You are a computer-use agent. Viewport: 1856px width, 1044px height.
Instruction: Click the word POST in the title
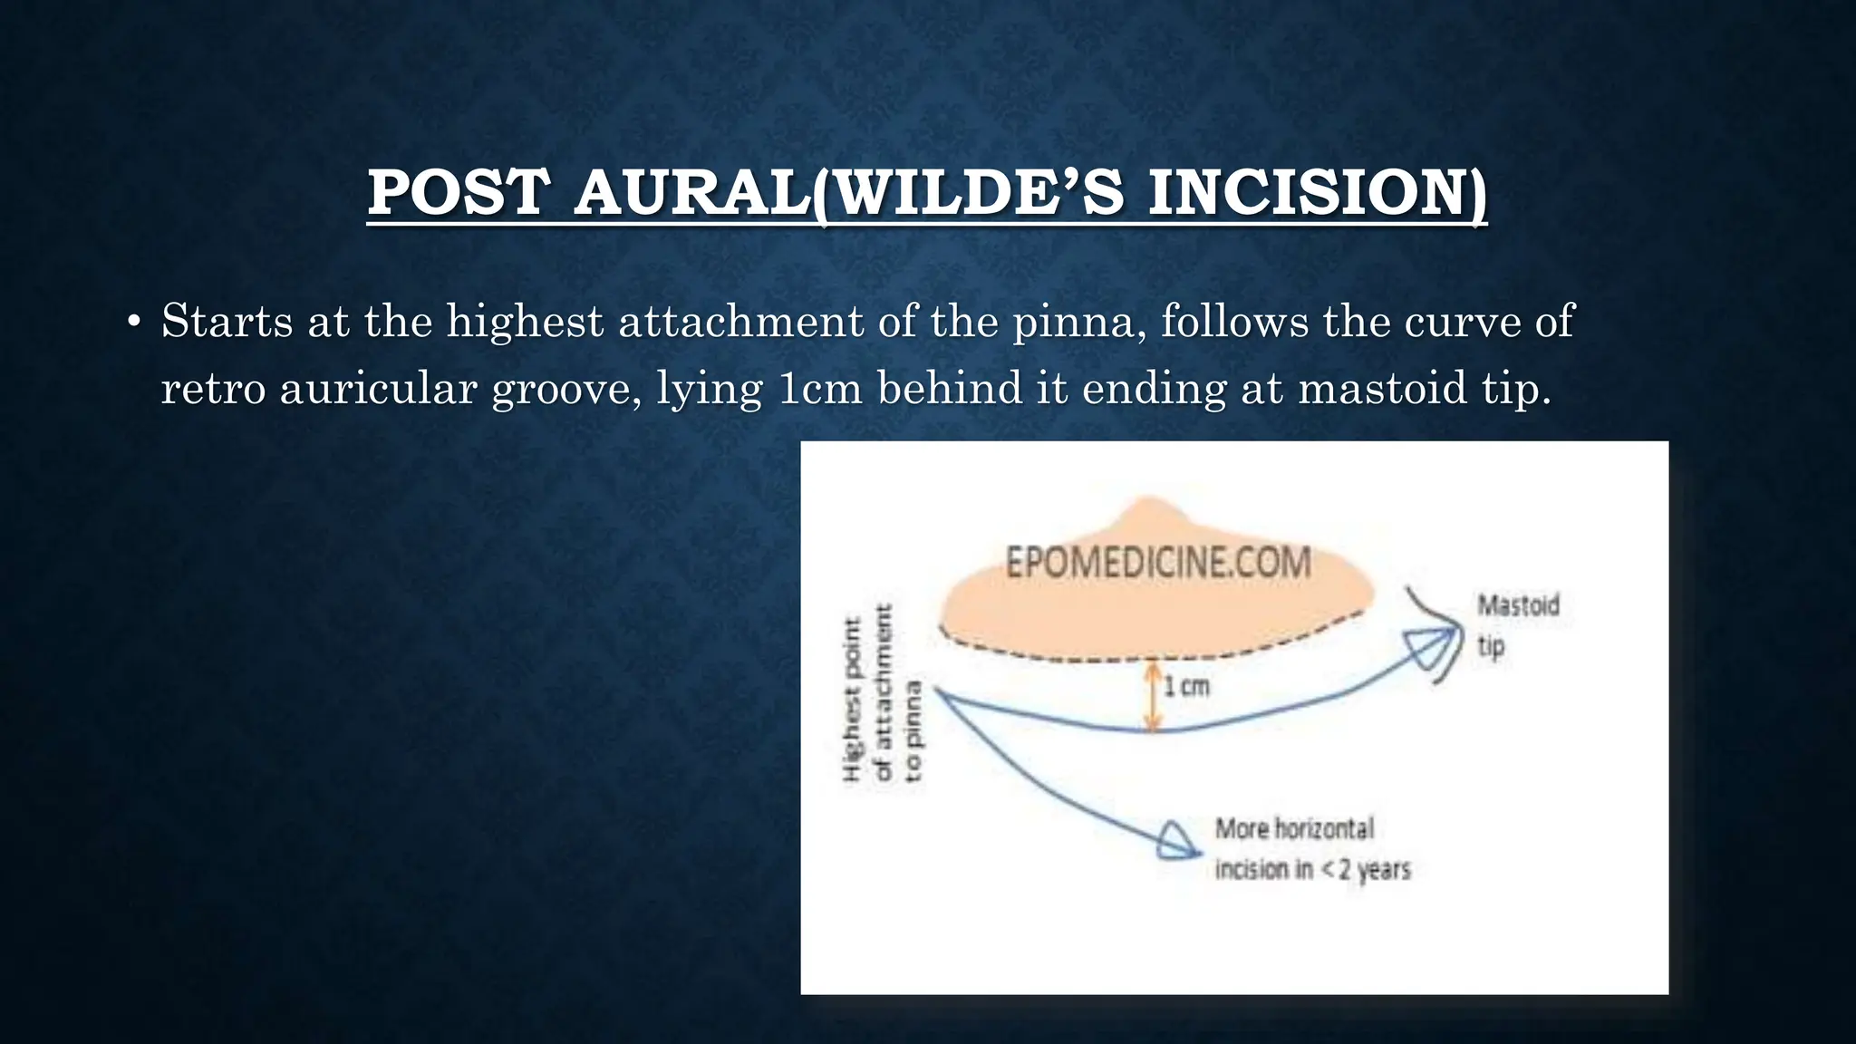(x=459, y=193)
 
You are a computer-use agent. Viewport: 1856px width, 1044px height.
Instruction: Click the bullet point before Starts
(x=134, y=322)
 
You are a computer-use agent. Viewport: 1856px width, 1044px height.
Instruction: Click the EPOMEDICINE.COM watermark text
(x=1158, y=563)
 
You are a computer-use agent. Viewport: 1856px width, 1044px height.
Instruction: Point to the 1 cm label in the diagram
(x=1186, y=686)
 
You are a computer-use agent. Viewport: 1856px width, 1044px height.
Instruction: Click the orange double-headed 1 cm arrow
(x=1152, y=696)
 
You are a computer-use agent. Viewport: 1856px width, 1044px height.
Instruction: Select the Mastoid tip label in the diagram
(x=1517, y=624)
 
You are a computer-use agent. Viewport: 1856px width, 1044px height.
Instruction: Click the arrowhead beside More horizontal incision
(x=1177, y=841)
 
